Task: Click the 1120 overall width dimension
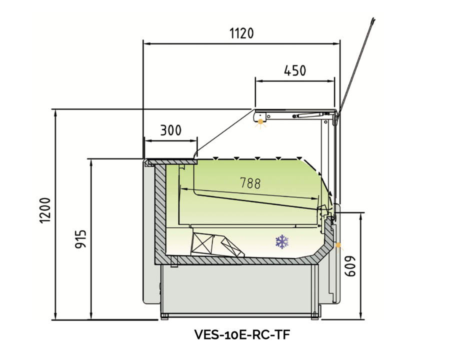pos(241,33)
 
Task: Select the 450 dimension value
pos(295,70)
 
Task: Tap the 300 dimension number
pos(170,130)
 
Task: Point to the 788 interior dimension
pos(250,183)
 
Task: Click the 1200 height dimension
pos(45,210)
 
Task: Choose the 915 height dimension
pos(80,239)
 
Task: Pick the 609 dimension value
pos(350,266)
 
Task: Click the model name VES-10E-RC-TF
pos(242,334)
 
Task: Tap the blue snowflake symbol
pos(282,242)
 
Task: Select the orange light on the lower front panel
pos(338,244)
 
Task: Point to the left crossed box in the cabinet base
pos(202,244)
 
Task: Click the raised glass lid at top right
pos(355,67)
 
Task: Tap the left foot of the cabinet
pos(164,316)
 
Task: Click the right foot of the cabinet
pos(315,316)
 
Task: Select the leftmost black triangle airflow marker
pos(215,158)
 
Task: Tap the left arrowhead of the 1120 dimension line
pos(146,44)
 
